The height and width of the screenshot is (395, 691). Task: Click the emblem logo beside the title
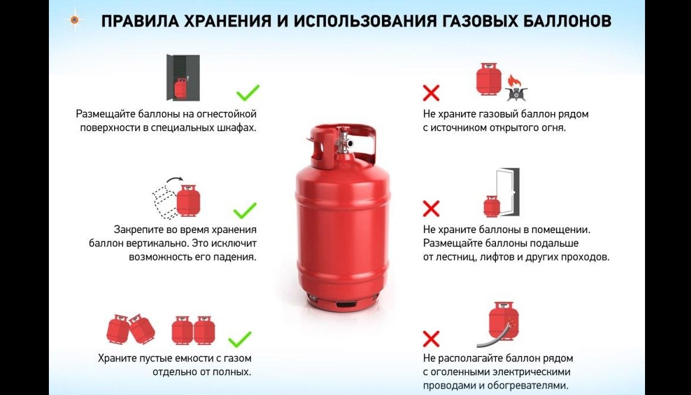click(73, 20)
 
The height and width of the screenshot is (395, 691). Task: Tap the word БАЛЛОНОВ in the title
click(566, 21)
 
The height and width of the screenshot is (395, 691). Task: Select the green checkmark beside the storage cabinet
click(247, 92)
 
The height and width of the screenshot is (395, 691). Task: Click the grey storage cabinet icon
click(183, 77)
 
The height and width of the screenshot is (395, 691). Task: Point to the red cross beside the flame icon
click(431, 93)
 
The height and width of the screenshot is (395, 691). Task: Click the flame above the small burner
click(514, 82)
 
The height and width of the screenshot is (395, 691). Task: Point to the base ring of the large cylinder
click(343, 302)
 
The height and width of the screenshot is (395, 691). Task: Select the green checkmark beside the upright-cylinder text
click(245, 210)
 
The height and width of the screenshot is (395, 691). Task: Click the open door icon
click(507, 192)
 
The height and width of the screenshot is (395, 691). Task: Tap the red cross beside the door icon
click(431, 209)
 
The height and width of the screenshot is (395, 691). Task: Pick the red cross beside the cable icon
click(431, 339)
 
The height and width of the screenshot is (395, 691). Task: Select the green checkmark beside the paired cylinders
click(240, 339)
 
